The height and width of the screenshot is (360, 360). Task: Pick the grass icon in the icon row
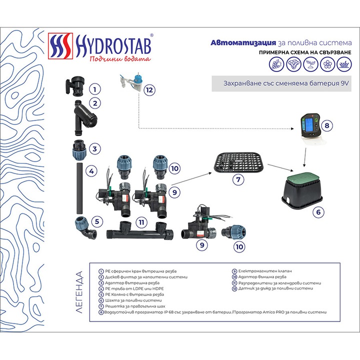(x=343, y=64)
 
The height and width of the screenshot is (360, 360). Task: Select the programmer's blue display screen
(x=310, y=123)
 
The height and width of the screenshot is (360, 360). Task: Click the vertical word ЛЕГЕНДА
(x=79, y=292)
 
